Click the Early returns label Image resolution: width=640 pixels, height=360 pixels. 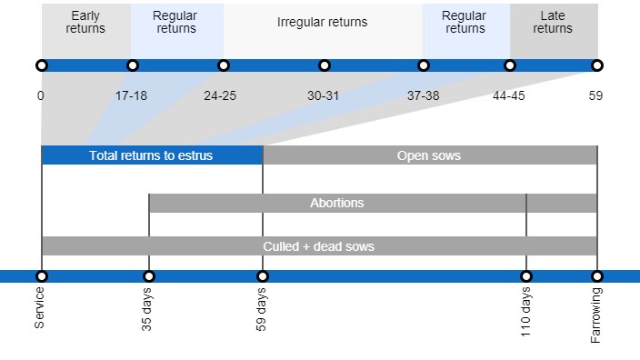[x=85, y=22]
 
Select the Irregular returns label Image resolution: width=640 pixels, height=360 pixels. [x=322, y=21]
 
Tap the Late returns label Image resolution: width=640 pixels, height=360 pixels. [x=553, y=22]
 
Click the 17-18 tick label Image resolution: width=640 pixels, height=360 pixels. [x=132, y=95]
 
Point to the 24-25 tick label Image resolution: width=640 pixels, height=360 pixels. [x=220, y=95]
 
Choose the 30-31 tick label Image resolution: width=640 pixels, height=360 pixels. [x=324, y=95]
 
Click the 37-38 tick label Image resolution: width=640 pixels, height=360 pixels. [x=423, y=95]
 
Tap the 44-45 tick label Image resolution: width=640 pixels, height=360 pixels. [x=509, y=95]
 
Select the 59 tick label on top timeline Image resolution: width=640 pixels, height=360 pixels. [x=595, y=95]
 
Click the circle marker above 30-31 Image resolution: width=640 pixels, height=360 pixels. [x=325, y=65]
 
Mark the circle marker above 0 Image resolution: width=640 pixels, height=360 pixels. [x=41, y=65]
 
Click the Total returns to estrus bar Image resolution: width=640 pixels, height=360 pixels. [x=152, y=155]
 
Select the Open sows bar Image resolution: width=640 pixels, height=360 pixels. [x=429, y=155]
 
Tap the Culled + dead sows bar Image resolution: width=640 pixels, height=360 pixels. [x=319, y=246]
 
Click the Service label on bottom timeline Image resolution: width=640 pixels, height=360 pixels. [x=40, y=307]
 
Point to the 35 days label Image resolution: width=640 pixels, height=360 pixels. [x=147, y=310]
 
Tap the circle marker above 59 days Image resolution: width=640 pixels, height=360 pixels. [x=263, y=276]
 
